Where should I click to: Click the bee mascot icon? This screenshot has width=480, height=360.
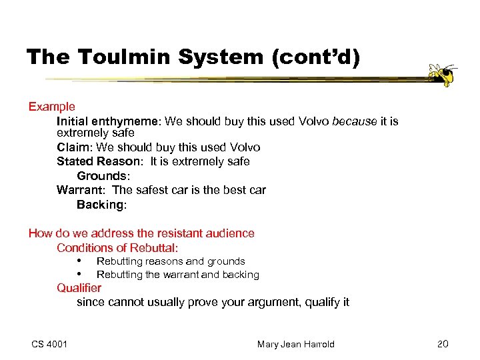click(442, 74)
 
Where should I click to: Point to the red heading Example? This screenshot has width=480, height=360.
click(51, 107)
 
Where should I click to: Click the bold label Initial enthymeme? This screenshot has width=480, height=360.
click(108, 121)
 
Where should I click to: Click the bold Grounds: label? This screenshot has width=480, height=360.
click(103, 176)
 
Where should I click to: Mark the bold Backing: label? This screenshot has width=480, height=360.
click(101, 205)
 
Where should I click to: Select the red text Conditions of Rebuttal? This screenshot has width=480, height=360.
click(117, 248)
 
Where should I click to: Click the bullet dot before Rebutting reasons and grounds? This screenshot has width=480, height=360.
click(79, 261)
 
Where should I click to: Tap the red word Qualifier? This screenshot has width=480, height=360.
click(79, 288)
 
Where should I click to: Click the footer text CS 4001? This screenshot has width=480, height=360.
click(49, 344)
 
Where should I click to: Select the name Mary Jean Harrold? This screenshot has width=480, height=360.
click(295, 344)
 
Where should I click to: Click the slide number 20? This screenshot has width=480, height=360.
click(443, 344)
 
